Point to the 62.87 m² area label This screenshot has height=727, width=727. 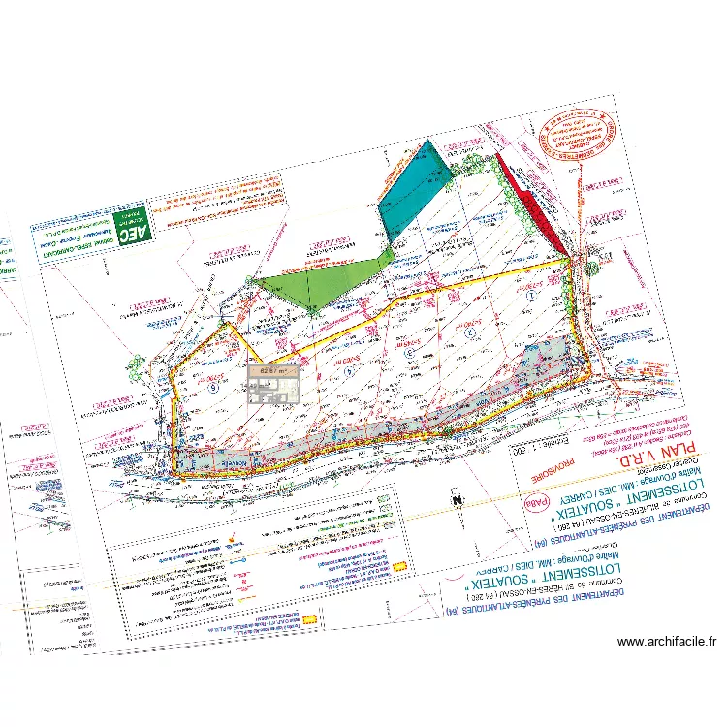pos(272,369)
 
